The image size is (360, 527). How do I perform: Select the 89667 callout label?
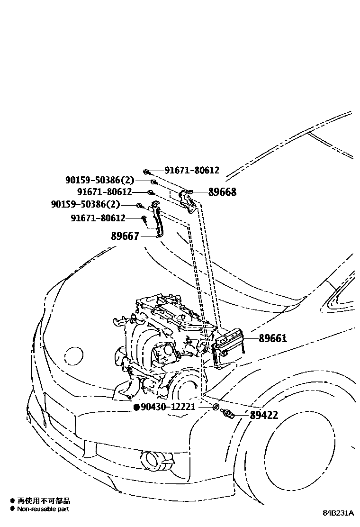pos(126,236)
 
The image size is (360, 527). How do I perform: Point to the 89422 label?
pos(264,415)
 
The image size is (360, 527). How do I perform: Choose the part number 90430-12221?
pos(168,407)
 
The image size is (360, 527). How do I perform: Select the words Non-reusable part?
pos(43,509)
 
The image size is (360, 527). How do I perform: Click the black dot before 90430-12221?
pos(136,407)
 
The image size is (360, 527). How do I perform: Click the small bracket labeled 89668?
pos(188,199)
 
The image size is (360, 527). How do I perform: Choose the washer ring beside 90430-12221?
pos(216,407)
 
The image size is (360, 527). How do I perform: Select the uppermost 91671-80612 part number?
pos(192,170)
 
